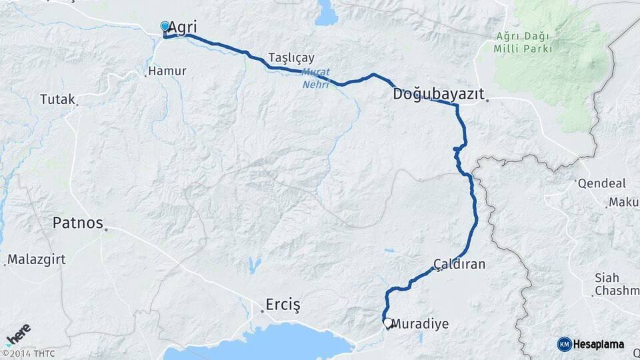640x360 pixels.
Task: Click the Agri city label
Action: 182,27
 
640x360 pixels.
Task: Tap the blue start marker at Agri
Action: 165,27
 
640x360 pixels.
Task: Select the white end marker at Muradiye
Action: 387,323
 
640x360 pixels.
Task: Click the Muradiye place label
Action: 420,324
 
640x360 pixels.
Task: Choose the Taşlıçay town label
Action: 291,57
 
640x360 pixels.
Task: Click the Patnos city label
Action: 78,223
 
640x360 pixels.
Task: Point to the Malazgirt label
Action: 37,259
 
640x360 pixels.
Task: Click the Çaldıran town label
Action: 459,265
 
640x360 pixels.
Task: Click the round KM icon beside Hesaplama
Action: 564,344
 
